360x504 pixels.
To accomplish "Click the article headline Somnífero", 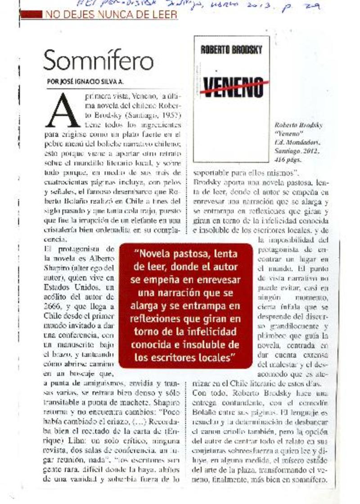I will [99, 60].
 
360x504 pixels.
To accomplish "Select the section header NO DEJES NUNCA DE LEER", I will [110, 14].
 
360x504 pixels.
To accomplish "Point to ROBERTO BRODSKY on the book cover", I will [231, 50].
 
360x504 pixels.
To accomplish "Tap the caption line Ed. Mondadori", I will [297, 142].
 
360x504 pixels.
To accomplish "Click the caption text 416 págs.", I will [288, 159].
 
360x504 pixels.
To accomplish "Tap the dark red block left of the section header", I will [32, 14].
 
